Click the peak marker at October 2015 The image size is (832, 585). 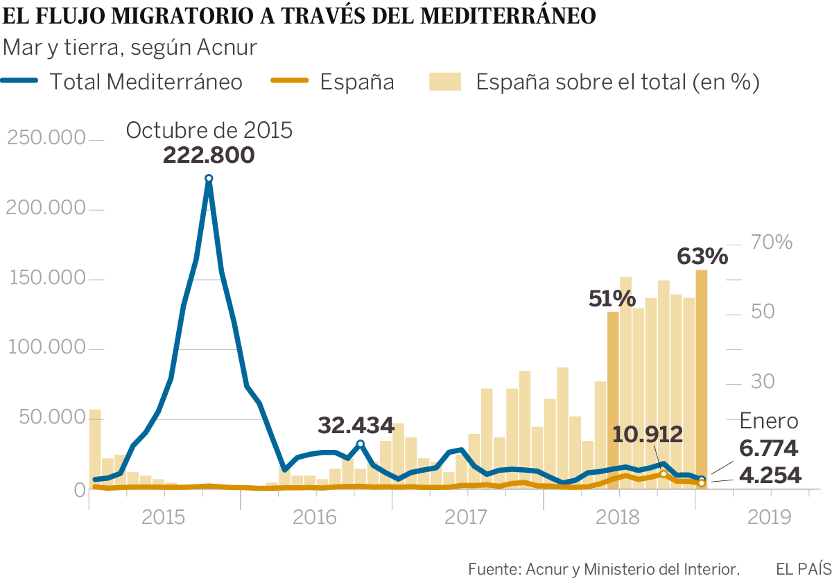click(209, 179)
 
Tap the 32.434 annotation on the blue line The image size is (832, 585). click(356, 425)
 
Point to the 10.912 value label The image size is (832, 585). click(648, 435)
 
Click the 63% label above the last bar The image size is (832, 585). click(702, 256)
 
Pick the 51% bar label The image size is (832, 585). click(612, 299)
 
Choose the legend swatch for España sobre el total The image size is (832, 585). click(445, 82)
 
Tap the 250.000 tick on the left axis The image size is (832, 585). click(46, 139)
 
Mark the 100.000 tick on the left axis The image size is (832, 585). click(46, 349)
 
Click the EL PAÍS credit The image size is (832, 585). click(803, 569)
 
